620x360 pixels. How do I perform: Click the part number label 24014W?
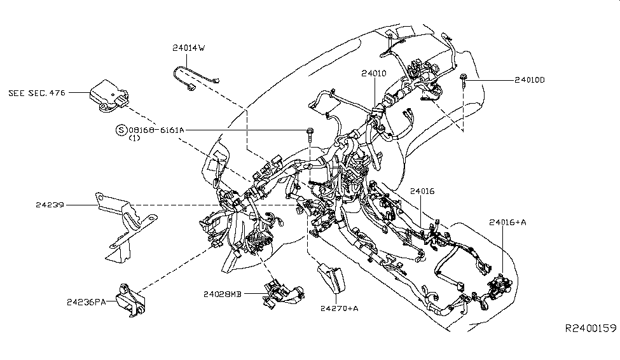coord(189,48)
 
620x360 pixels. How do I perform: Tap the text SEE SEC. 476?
coord(38,93)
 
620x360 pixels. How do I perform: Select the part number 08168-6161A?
coord(156,130)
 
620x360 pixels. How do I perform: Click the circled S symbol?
coord(120,130)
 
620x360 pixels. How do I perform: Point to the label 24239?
coord(52,205)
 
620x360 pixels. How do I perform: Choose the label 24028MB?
coord(223,294)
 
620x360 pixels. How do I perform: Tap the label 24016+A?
coord(507,222)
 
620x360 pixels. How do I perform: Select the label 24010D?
coord(530,81)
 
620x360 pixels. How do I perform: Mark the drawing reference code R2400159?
coord(591,328)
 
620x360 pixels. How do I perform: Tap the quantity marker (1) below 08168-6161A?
coord(134,138)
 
